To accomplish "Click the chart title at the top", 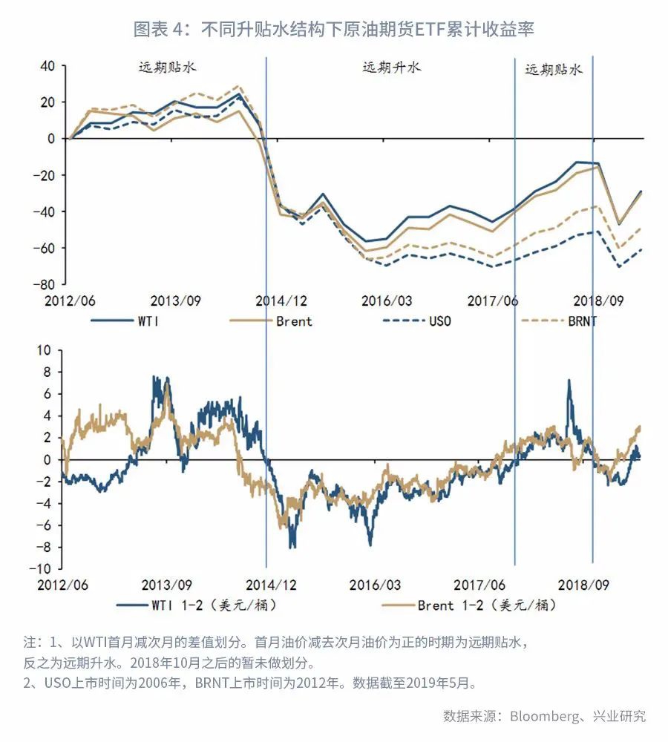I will [x=334, y=29].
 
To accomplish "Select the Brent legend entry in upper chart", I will [x=293, y=321].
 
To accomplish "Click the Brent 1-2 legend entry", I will [x=486, y=605].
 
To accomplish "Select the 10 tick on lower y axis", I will [x=47, y=349].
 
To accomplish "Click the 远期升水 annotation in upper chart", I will [x=391, y=68].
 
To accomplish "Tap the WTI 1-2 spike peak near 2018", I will [x=569, y=381].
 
